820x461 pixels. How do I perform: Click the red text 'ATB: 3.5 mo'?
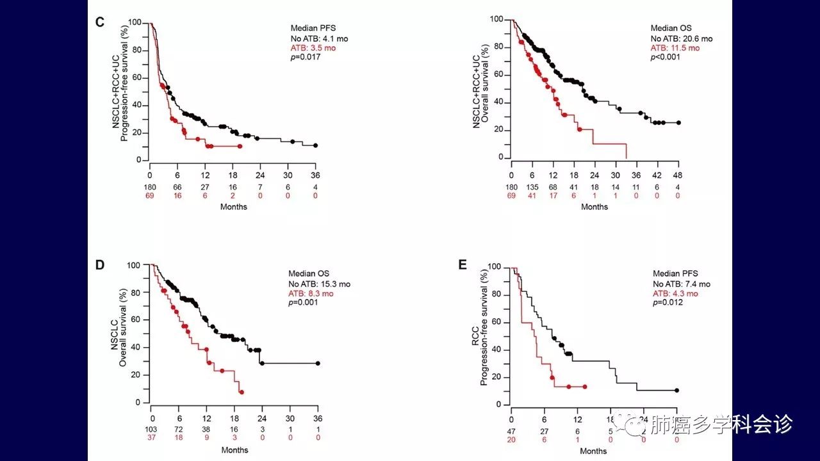pyautogui.click(x=313, y=48)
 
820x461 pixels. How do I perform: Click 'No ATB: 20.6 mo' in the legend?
pyautogui.click(x=681, y=39)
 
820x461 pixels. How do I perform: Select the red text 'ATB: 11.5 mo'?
pyautogui.click(x=675, y=48)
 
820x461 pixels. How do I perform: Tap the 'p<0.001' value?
pyautogui.click(x=666, y=57)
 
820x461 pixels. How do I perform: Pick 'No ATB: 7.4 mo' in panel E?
pyautogui.click(x=681, y=284)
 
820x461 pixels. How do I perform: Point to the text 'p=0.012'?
pyautogui.click(x=668, y=302)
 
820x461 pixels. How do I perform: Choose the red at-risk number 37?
pyautogui.click(x=152, y=438)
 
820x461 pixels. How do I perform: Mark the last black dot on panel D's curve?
pyautogui.click(x=318, y=363)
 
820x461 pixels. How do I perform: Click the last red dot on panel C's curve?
pyautogui.click(x=240, y=147)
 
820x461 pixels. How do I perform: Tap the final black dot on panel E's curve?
pyautogui.click(x=676, y=391)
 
